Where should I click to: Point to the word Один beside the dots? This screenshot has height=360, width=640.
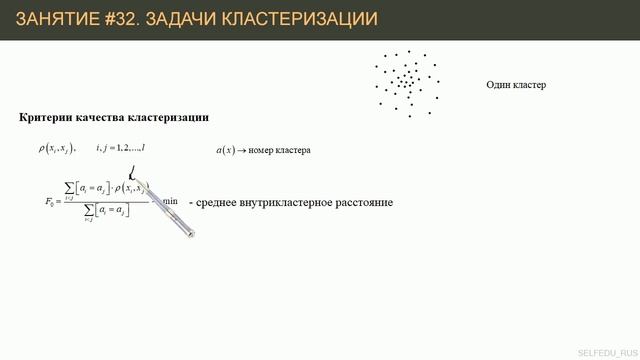(499, 85)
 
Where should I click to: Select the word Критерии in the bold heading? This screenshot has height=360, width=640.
(46, 117)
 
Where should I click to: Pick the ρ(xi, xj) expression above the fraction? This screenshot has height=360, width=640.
(51, 149)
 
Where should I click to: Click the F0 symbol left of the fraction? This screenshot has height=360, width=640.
(52, 201)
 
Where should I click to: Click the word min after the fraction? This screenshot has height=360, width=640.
(171, 202)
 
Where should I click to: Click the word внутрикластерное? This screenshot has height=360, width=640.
(296, 202)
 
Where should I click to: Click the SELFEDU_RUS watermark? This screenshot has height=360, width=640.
(606, 352)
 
